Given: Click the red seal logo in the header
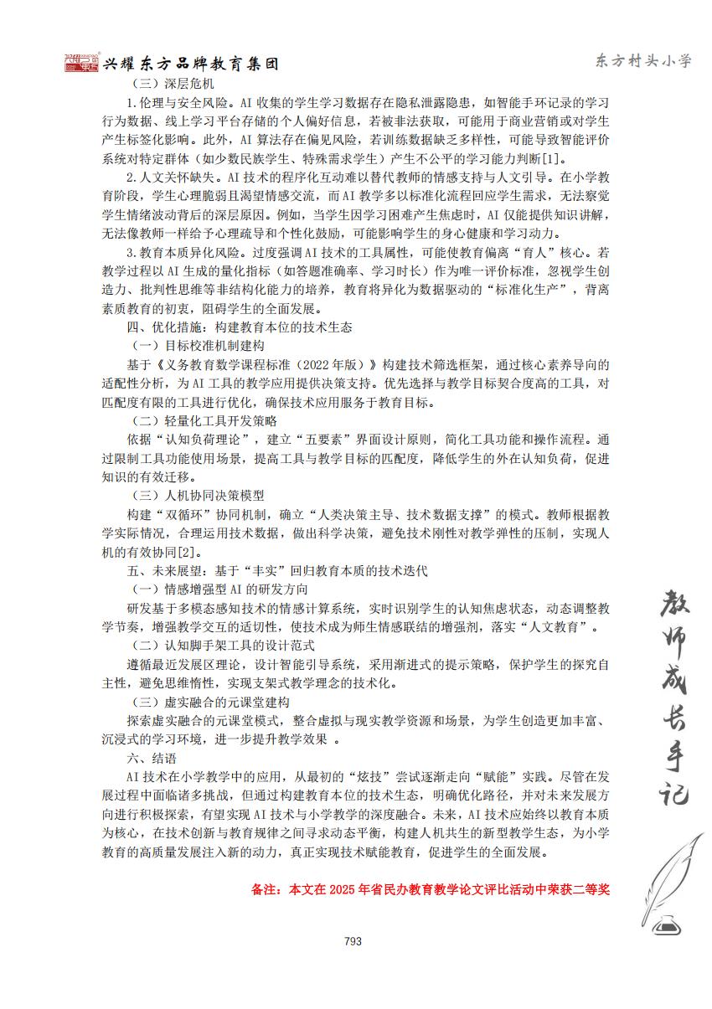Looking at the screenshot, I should point(81,63).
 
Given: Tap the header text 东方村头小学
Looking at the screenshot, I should point(643,61).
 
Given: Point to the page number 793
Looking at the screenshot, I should point(353,941).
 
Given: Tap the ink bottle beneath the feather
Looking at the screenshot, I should point(668,924).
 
